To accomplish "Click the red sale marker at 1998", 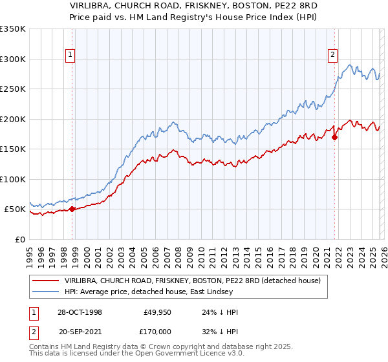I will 72,209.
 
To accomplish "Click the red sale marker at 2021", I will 334,137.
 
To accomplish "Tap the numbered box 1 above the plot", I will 69,56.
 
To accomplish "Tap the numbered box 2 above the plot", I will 332,56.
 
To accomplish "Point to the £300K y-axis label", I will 13,59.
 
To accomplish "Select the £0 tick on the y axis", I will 20,239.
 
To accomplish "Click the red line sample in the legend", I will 45,281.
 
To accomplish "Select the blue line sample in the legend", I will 45,292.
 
